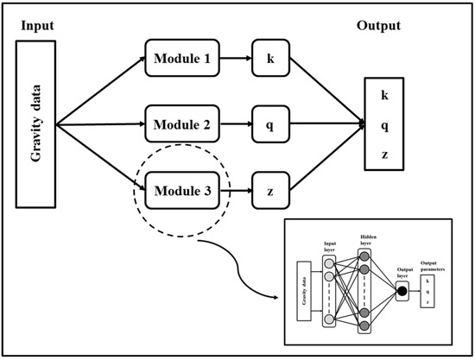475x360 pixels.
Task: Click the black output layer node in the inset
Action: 402,291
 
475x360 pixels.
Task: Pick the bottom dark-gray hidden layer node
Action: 363,325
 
